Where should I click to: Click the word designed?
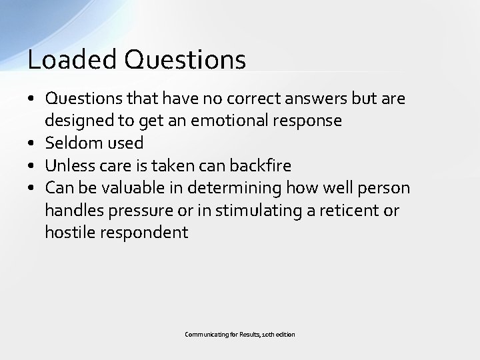pos(75,120)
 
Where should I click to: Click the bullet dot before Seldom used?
pos(33,143)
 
